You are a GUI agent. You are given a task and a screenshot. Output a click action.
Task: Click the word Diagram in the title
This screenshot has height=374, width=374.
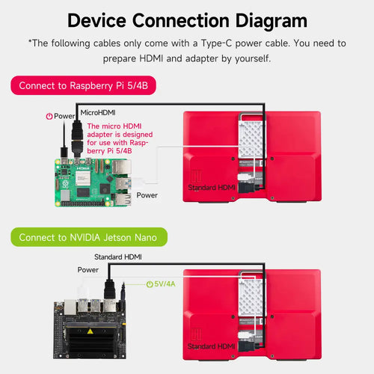[272, 22]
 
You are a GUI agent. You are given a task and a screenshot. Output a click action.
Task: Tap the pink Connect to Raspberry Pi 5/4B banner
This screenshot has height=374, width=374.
[83, 85]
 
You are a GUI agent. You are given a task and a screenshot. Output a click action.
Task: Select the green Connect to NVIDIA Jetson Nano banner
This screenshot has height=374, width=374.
[89, 237]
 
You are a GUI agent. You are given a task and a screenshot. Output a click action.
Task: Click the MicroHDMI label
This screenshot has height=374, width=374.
[98, 113]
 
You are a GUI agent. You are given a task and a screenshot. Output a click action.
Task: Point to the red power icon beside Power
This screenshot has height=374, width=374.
[49, 116]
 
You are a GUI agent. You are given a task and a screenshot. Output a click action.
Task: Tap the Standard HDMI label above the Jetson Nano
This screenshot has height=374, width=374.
[118, 257]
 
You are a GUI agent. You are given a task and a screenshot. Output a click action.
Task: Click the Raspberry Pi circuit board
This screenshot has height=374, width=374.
[93, 183]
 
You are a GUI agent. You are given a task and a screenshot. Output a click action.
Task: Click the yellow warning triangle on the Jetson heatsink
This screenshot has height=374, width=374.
[91, 331]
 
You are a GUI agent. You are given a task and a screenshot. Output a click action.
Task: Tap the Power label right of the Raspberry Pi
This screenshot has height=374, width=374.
[147, 195]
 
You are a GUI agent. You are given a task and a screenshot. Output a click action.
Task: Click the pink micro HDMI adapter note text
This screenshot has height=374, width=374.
[120, 138]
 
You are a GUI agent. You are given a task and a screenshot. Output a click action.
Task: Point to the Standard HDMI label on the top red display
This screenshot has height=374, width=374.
[212, 188]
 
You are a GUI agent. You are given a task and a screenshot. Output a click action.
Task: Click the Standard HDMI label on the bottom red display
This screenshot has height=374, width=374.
[211, 346]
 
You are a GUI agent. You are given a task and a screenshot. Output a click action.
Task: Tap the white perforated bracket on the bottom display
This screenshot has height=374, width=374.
[251, 295]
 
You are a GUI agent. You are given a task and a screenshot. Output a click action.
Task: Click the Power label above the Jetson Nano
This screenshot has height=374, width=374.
[88, 270]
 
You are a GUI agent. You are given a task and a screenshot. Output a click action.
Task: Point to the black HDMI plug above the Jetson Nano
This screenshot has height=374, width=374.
[110, 289]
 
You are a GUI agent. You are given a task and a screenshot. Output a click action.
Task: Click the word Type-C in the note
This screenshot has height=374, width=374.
[216, 43]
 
